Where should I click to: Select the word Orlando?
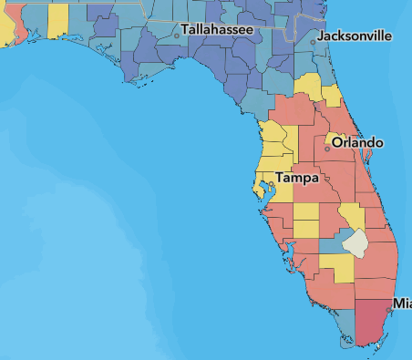coord(357,142)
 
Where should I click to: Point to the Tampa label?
coord(297,178)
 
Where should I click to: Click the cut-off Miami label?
coord(401,303)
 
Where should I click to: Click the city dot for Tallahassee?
coord(177,35)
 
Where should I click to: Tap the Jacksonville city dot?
coord(314,41)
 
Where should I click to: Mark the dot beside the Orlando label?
coord(327,148)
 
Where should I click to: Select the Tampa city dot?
coord(271,183)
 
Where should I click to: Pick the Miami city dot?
coord(389,310)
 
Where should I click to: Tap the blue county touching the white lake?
coord(331,246)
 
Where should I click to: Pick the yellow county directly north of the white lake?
coord(351,217)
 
